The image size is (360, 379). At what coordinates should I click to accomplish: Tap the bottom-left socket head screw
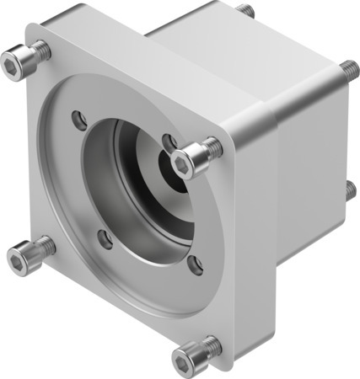[27, 254]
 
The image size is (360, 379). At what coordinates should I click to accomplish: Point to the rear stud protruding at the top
[245, 10]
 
